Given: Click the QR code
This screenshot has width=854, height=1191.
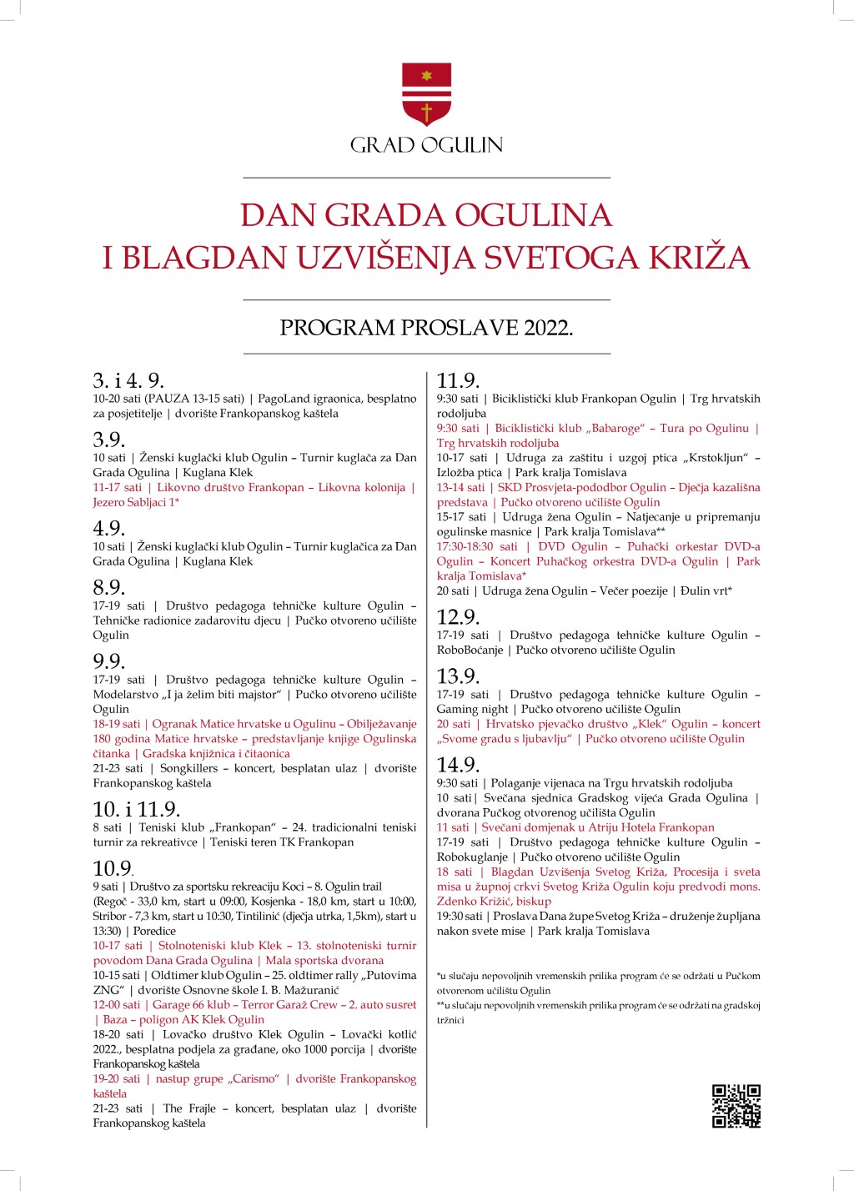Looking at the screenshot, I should tap(736, 1106).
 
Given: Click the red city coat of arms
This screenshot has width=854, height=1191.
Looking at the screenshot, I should tap(426, 94).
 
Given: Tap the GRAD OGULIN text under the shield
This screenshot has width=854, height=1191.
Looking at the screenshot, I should tap(426, 145).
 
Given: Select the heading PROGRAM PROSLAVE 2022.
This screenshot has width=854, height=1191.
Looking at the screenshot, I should tap(426, 328).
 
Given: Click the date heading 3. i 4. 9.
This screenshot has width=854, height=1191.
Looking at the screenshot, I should tap(128, 381).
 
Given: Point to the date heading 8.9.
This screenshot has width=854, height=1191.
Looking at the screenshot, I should tap(109, 587).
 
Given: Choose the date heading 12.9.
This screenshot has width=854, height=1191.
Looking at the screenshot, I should tap(458, 617).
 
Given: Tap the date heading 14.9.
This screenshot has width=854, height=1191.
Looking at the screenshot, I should tap(458, 765).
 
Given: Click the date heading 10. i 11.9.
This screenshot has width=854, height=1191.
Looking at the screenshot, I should tap(137, 809).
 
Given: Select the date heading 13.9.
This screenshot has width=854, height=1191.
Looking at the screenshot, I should tap(458, 676).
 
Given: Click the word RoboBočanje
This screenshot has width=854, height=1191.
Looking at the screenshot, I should tap(470, 651).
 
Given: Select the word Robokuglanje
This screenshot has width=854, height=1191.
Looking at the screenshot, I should tap(472, 857).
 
